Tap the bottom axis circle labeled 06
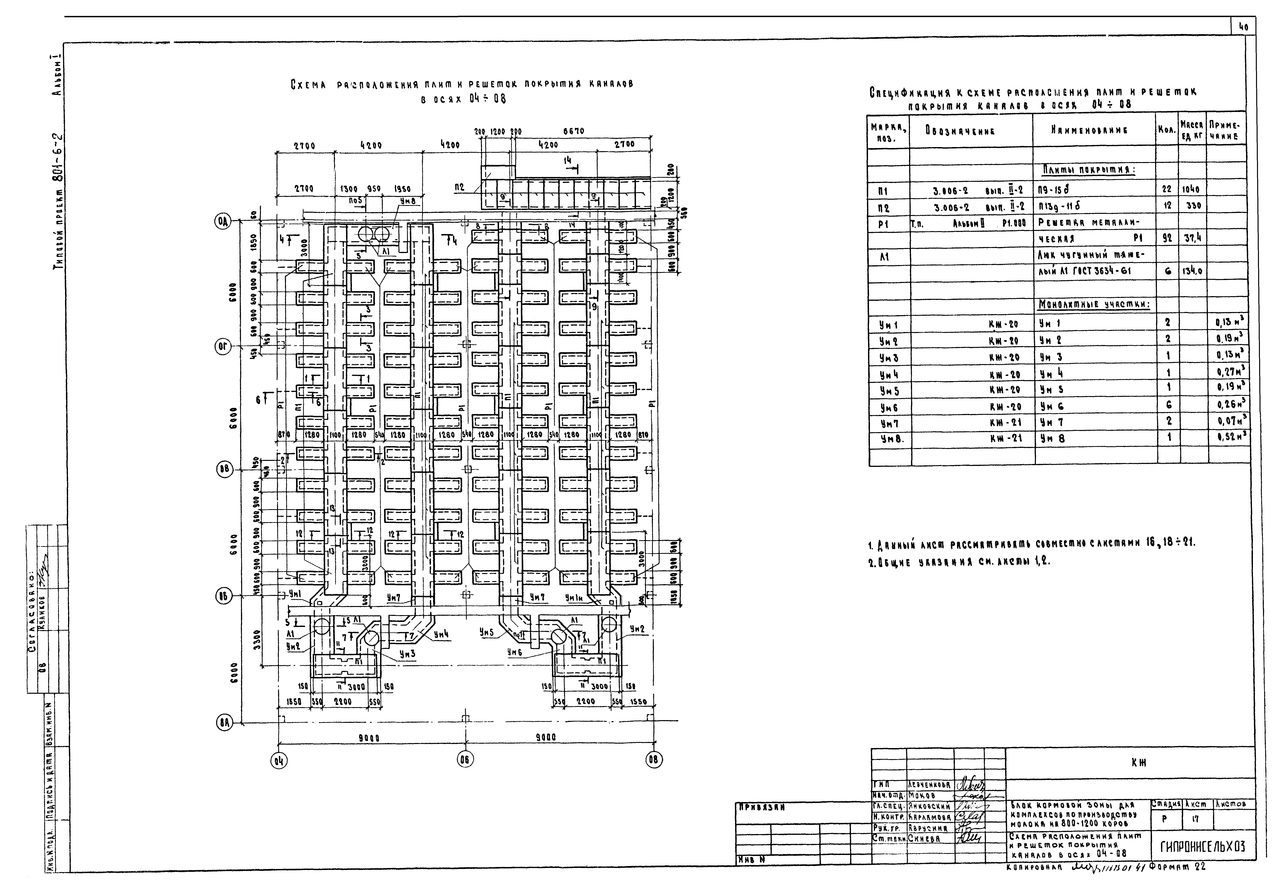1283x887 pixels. click(x=465, y=759)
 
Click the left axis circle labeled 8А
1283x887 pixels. click(x=223, y=723)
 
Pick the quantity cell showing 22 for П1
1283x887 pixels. click(x=1167, y=190)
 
